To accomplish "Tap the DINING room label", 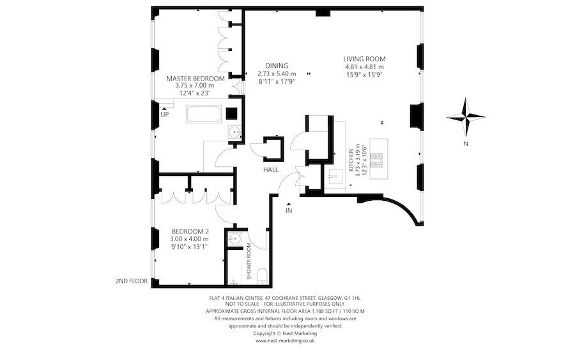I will (x=277, y=65).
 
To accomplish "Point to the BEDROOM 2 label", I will (x=190, y=231).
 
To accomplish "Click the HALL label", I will (x=270, y=169).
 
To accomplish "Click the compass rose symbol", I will (x=466, y=117).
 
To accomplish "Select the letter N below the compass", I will (x=466, y=144).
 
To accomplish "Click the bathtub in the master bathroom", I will (x=203, y=115).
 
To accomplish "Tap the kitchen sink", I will (x=332, y=176).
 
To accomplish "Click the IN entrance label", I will (x=289, y=210).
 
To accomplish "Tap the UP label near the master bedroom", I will (x=165, y=114).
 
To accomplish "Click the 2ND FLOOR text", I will (x=132, y=281).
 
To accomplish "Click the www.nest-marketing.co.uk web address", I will (x=285, y=341).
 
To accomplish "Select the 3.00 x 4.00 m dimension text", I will (x=190, y=239).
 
